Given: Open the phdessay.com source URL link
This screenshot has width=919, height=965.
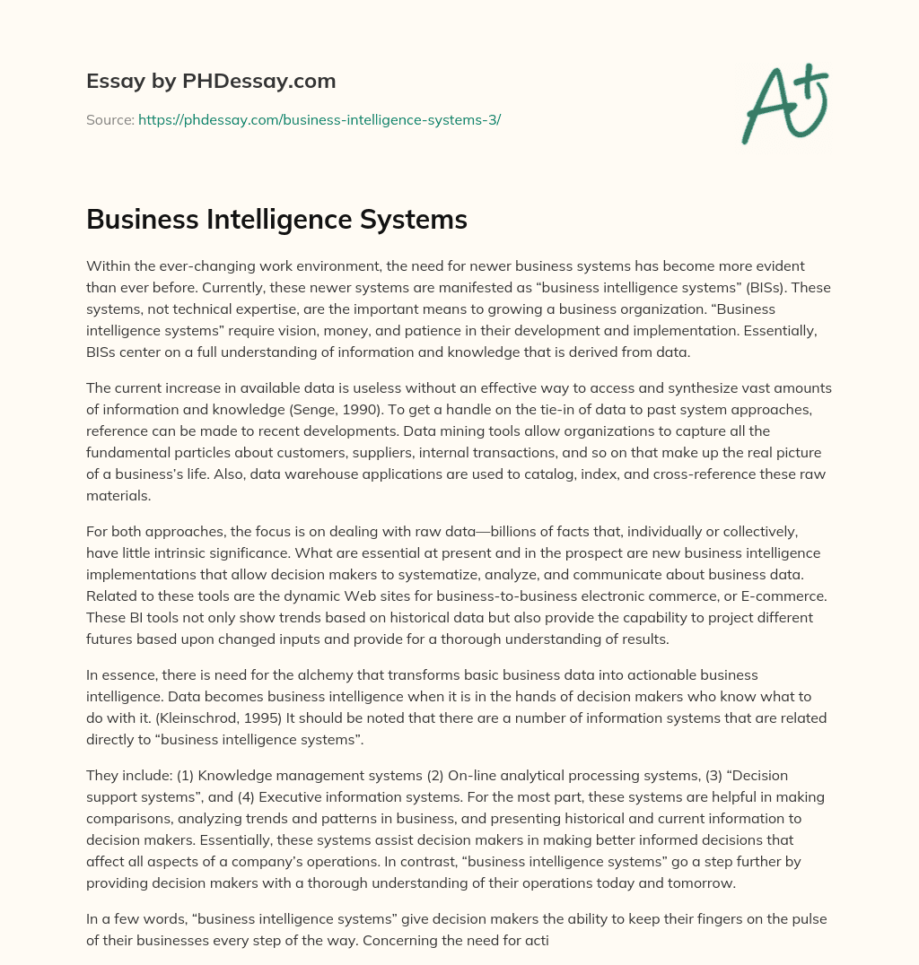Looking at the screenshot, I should tap(319, 119).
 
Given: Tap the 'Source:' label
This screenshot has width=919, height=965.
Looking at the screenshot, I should tap(109, 119).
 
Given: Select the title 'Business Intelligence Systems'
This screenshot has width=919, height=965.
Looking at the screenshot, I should tap(276, 219).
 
